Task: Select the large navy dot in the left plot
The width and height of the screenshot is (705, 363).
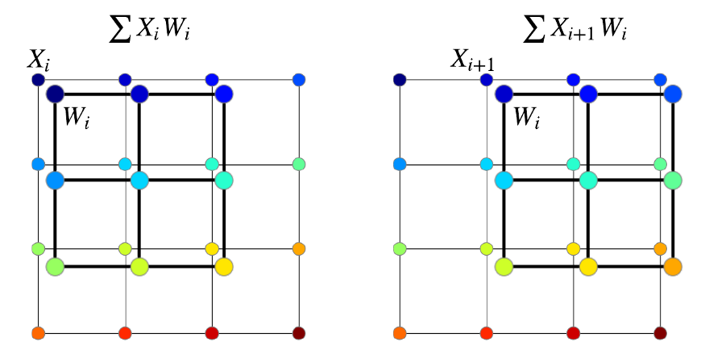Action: [x=55, y=94]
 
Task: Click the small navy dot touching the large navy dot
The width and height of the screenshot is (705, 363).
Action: [x=38, y=80]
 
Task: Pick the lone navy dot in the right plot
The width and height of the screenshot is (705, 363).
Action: [x=400, y=80]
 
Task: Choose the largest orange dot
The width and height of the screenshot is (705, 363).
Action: [x=673, y=266]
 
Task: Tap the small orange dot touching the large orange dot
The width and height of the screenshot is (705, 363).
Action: [x=660, y=248]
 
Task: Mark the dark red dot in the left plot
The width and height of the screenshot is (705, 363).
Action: [x=299, y=333]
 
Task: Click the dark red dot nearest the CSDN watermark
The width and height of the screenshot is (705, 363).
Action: [x=660, y=333]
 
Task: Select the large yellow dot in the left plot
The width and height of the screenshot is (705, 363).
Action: [x=224, y=266]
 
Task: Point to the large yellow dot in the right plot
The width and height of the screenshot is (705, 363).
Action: [x=588, y=266]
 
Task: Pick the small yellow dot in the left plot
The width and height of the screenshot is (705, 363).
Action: [x=212, y=248]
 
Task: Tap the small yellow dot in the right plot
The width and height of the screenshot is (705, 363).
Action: [x=573, y=248]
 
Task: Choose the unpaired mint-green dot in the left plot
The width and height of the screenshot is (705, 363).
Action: [x=299, y=164]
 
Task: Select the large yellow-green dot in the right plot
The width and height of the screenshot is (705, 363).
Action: [x=504, y=266]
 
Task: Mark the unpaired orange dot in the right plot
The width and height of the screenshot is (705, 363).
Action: [x=400, y=333]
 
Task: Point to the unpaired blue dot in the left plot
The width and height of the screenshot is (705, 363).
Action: [x=299, y=80]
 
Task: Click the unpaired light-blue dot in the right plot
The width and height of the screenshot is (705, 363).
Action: [x=400, y=164]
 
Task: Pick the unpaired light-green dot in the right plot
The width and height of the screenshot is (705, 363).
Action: [x=400, y=248]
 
